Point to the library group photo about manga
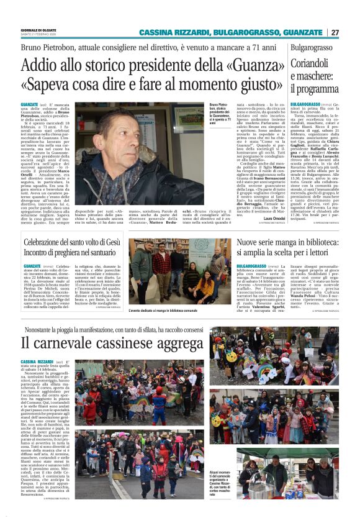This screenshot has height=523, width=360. (x=179, y=267)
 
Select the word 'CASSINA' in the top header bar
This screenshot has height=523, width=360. (x=157, y=32)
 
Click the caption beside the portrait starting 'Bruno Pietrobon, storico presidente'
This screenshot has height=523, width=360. (x=221, y=116)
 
